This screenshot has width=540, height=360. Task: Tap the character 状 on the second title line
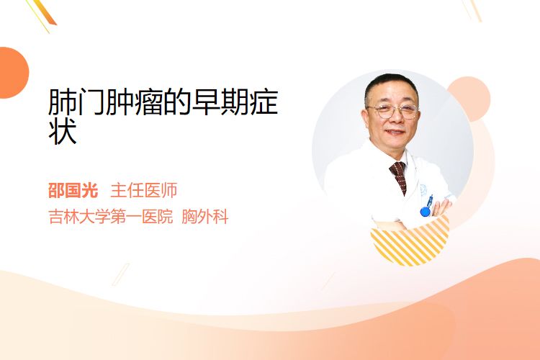(63, 131)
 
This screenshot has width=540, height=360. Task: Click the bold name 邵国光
(73, 190)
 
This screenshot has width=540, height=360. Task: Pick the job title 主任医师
(144, 190)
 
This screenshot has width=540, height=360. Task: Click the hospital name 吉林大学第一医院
(111, 217)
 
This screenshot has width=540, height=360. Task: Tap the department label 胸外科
(205, 217)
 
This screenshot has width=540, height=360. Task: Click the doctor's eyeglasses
(393, 112)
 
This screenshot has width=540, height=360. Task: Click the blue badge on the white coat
(426, 211)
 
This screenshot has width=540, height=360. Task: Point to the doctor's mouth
(395, 132)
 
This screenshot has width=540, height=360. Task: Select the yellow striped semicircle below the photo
(410, 242)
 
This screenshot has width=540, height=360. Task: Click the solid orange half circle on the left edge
(13, 73)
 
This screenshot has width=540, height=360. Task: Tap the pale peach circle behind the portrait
(469, 99)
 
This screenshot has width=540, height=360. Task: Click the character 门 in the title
(91, 102)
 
